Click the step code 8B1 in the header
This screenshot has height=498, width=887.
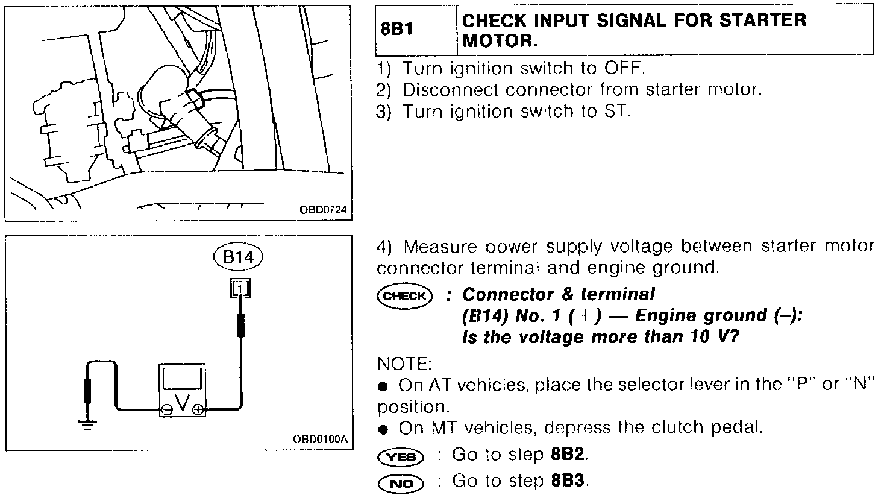(x=396, y=29)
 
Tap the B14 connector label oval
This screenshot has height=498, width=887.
(x=240, y=257)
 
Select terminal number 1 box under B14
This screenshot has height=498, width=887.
(x=240, y=288)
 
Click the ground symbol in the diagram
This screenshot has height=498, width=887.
(x=88, y=424)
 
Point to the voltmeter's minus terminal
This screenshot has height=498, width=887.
(x=166, y=410)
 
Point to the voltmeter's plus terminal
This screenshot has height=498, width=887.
(x=198, y=410)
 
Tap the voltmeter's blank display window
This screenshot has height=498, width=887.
(x=181, y=379)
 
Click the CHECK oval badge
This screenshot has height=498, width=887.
(x=404, y=296)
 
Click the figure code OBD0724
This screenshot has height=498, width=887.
(x=323, y=210)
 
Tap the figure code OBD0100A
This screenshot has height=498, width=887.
(x=320, y=439)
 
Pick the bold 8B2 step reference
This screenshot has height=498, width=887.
(x=568, y=455)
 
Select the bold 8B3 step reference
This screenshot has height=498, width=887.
(x=568, y=481)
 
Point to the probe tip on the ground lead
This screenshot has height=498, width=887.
(x=89, y=391)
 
